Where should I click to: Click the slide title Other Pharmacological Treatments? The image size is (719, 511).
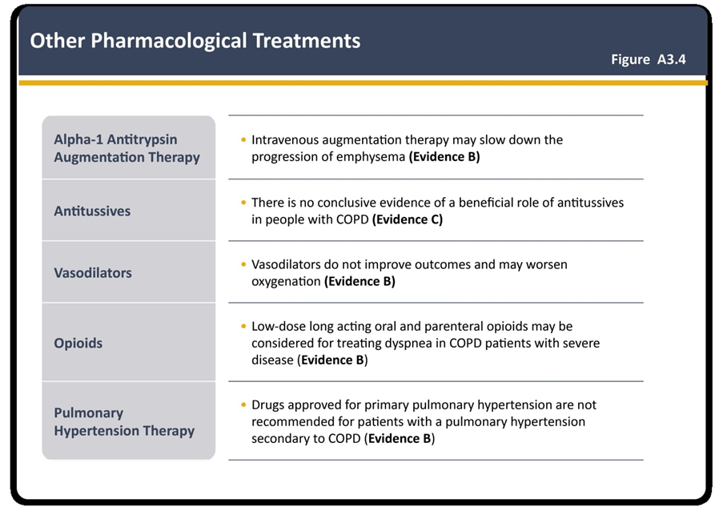[195, 41]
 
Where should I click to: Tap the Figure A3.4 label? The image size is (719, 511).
[649, 59]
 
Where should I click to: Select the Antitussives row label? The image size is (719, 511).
[92, 211]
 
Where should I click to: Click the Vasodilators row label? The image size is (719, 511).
[93, 273]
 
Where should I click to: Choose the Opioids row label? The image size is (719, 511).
[78, 343]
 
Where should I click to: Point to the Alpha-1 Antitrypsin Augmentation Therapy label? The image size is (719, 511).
[127, 148]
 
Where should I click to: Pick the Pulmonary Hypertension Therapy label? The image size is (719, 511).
[124, 421]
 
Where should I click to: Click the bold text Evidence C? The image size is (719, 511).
[408, 219]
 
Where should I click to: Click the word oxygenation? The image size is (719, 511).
[286, 282]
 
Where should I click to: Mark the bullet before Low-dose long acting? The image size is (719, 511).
[243, 327]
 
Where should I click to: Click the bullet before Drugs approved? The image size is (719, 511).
[243, 405]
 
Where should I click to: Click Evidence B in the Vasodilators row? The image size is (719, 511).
[360, 282]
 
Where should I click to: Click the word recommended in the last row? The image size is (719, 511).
[293, 422]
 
